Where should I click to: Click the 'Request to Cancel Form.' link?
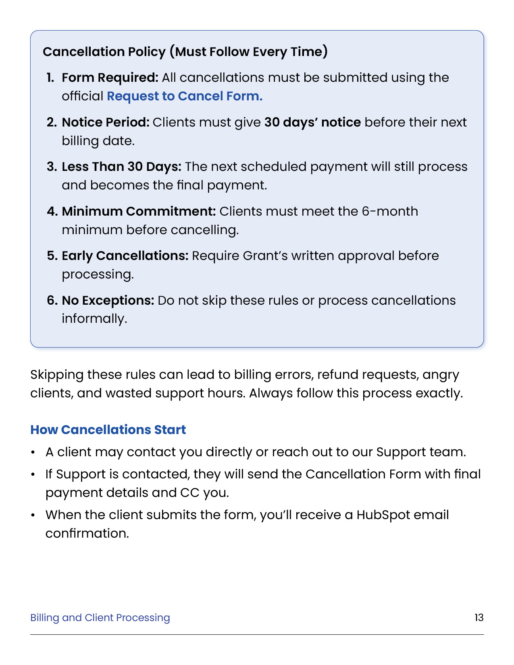coord(184,96)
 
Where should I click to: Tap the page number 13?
coord(479,617)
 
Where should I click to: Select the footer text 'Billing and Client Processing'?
coord(100,617)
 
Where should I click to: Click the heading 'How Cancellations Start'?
coord(108,430)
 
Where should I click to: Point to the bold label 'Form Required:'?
coord(110,77)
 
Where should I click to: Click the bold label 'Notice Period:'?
coord(106,122)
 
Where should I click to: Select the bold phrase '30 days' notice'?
coord(312,122)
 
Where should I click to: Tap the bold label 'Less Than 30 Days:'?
coord(121,166)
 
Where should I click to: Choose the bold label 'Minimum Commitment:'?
coord(139,211)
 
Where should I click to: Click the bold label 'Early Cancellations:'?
coord(125,256)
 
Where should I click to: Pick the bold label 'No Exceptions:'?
coord(108,300)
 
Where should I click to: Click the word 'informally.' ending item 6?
coord(94,318)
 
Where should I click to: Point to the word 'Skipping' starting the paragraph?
coord(57,375)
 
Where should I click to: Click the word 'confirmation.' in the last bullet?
coord(87,533)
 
